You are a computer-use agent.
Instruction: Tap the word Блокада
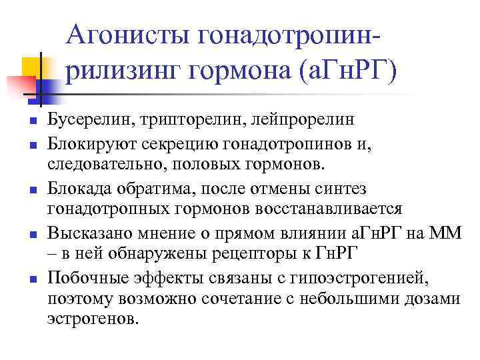pos(75,189)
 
